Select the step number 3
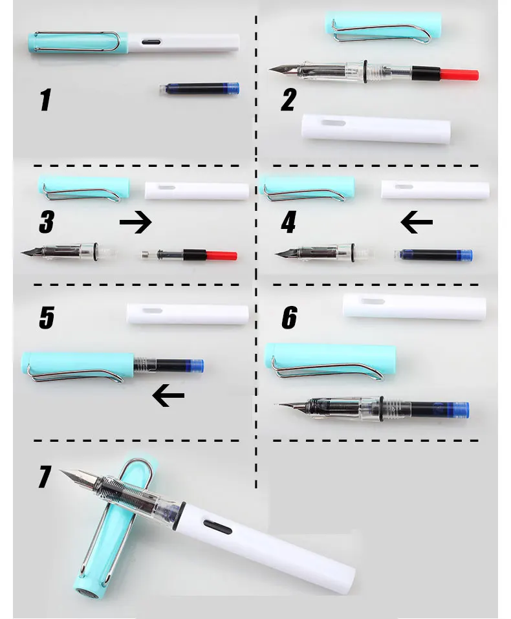pos(46,223)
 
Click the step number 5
pos(47,318)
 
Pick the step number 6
pos(289,318)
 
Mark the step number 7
pos(44,477)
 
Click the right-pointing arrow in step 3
pos(136,223)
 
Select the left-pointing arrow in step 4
pos(417,223)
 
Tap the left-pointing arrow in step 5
pos(168,396)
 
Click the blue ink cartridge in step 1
pos(199,89)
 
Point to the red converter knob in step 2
pos(460,74)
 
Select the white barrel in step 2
pos(376,129)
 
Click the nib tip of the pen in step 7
pos(63,472)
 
